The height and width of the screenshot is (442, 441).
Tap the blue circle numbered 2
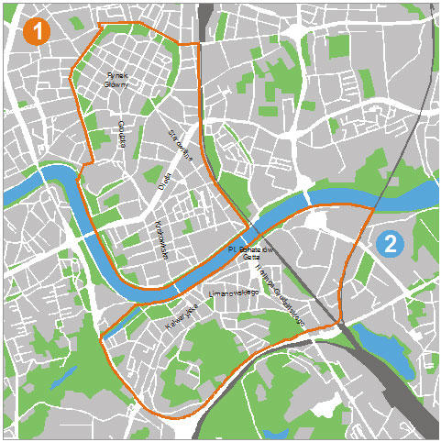pyautogui.click(x=390, y=244)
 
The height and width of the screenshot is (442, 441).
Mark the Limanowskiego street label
pyautogui.click(x=230, y=294)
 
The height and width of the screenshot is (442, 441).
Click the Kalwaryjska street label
pyautogui.click(x=182, y=319)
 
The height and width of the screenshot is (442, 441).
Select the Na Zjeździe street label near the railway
pyautogui.click(x=281, y=299)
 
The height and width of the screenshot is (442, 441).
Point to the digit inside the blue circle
pyautogui.click(x=390, y=244)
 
